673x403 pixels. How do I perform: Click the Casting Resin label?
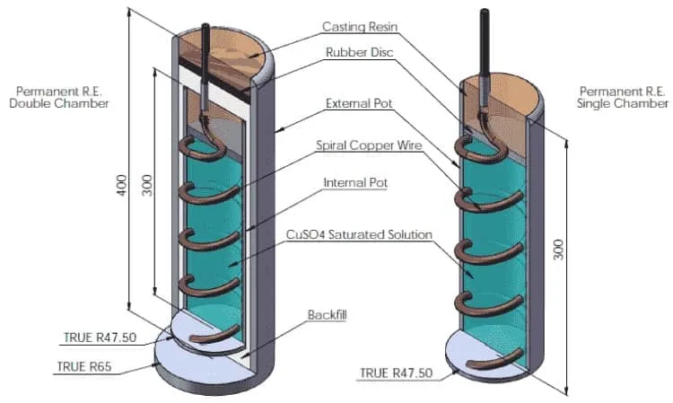[x=360, y=27]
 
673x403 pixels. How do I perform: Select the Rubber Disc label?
[x=359, y=52]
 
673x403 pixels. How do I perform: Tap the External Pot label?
[x=359, y=103]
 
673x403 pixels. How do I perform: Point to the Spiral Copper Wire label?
[x=369, y=145]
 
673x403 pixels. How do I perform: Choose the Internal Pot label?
[x=355, y=183]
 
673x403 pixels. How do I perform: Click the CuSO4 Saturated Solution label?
[x=359, y=235]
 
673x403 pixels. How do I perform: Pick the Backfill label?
[x=327, y=315]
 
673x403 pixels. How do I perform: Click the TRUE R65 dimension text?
[x=84, y=366]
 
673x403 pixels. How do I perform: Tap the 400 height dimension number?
[x=122, y=186]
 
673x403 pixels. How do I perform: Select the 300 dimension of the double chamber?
[x=147, y=185]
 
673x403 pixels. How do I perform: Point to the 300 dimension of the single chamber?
[x=558, y=250]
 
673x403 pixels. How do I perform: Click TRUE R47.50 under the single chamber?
[x=396, y=373]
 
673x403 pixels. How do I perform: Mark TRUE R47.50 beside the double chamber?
[x=100, y=337]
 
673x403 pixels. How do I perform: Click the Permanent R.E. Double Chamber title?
[x=59, y=98]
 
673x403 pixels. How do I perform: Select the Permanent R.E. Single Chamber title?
[x=623, y=98]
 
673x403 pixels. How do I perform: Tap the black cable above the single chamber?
[x=485, y=43]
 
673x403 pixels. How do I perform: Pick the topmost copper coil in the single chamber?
[x=480, y=150]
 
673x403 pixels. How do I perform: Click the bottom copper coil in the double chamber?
[x=214, y=334]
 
